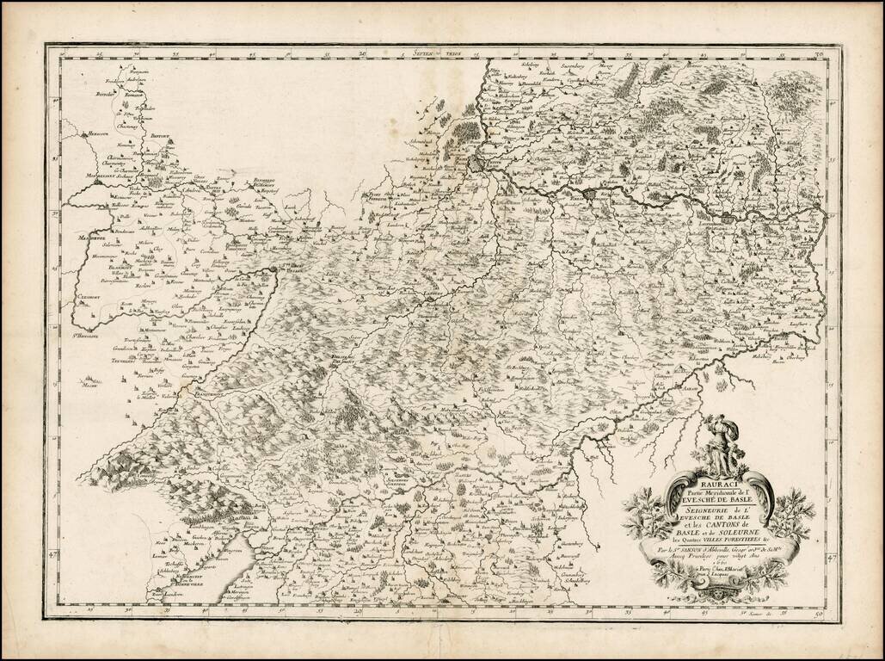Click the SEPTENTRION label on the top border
pos(437,53)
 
